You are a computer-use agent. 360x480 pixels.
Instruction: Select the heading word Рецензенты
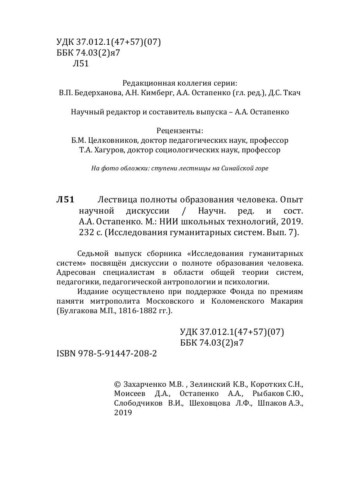(180, 131)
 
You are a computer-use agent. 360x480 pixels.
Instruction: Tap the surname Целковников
(114, 141)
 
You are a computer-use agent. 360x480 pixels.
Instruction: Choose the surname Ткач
(292, 93)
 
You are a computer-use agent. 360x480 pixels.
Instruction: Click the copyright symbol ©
(117, 384)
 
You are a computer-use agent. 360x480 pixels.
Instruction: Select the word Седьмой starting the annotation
(90, 254)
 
